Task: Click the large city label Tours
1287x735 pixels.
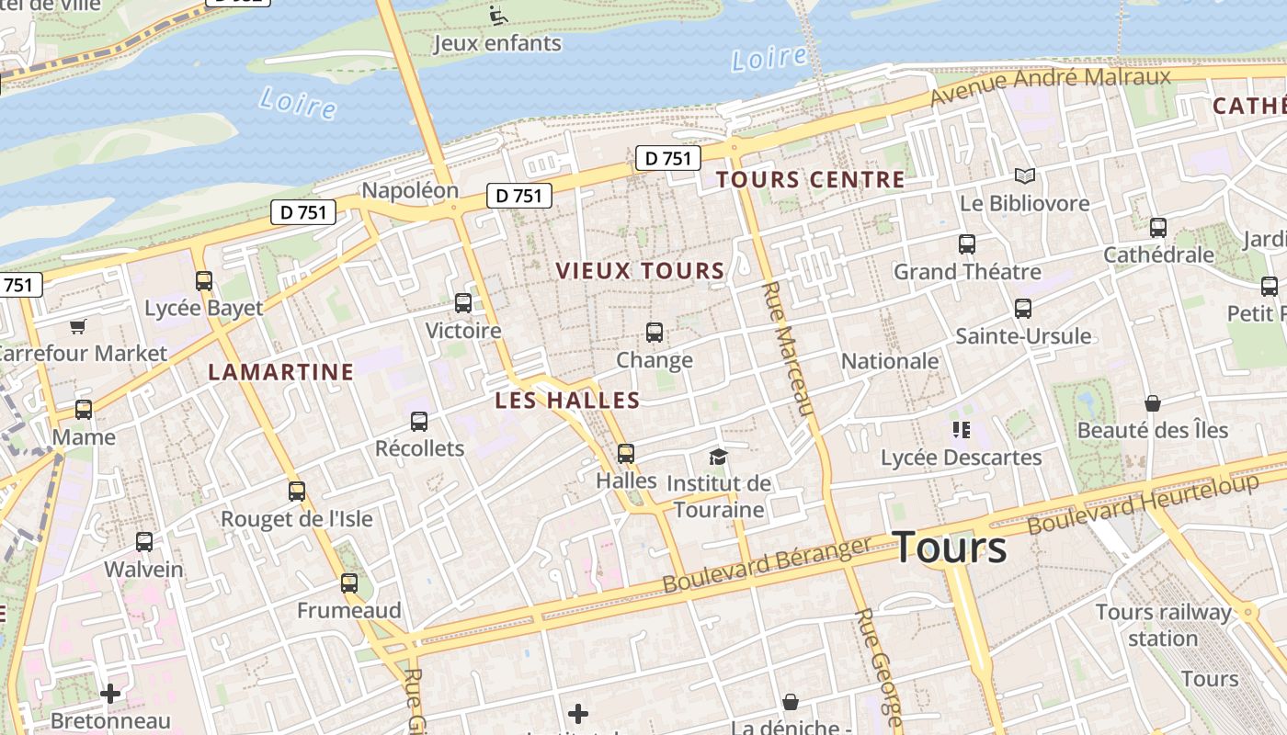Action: [x=950, y=548]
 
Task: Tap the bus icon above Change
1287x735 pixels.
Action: [x=655, y=332]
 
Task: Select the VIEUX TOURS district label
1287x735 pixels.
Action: [x=640, y=270]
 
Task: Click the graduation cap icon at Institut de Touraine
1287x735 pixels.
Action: [x=718, y=457]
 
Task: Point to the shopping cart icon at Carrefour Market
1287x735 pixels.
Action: [x=78, y=326]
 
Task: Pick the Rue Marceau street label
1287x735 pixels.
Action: [x=788, y=348]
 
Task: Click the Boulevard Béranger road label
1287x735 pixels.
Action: [x=766, y=565]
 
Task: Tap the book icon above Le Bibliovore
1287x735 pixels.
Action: [x=1024, y=175]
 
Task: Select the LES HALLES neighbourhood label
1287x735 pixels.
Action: [x=567, y=401]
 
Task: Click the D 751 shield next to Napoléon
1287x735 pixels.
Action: [x=518, y=195]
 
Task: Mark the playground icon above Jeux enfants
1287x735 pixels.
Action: [x=497, y=15]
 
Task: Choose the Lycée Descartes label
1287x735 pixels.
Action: [x=961, y=458]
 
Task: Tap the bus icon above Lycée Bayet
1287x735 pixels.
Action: [x=204, y=281]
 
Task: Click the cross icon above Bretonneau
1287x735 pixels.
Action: [x=110, y=694]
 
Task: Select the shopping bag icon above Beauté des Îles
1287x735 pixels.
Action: [x=1152, y=403]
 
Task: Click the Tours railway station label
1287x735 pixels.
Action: [x=1163, y=625]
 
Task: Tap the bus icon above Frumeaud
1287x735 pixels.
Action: [x=348, y=582]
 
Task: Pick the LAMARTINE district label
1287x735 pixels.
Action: [x=280, y=372]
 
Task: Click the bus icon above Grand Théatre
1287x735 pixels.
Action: [x=966, y=244]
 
